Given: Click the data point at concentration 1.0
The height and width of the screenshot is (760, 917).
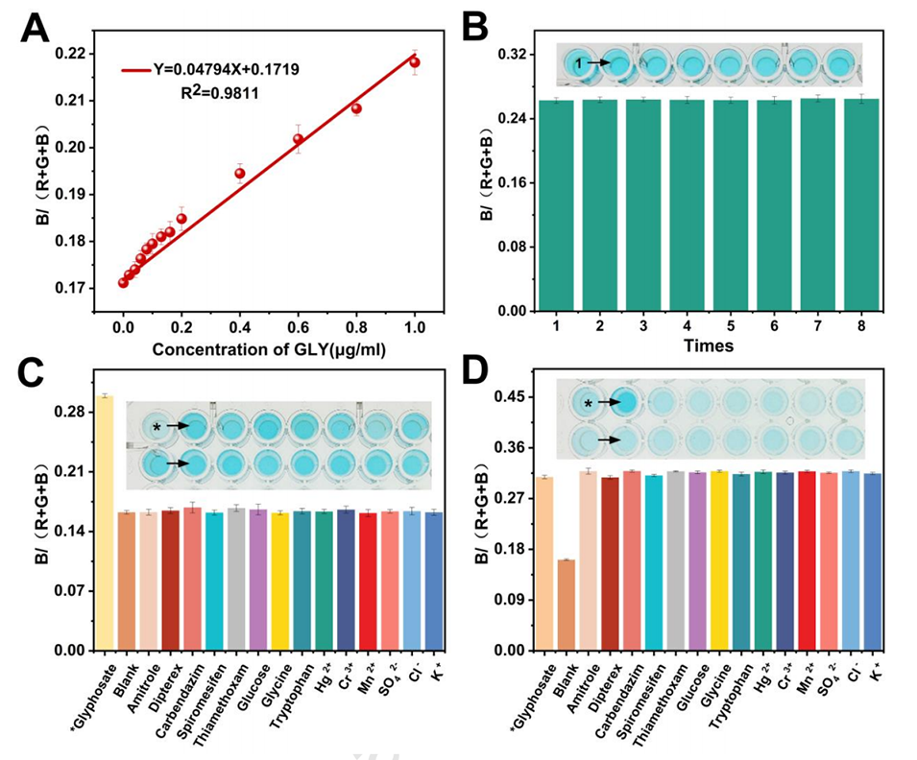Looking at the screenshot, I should tap(415, 62).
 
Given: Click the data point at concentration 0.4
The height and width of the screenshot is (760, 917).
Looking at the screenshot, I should tap(239, 174).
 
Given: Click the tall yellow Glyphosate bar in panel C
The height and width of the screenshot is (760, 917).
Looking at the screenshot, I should tap(104, 523).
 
